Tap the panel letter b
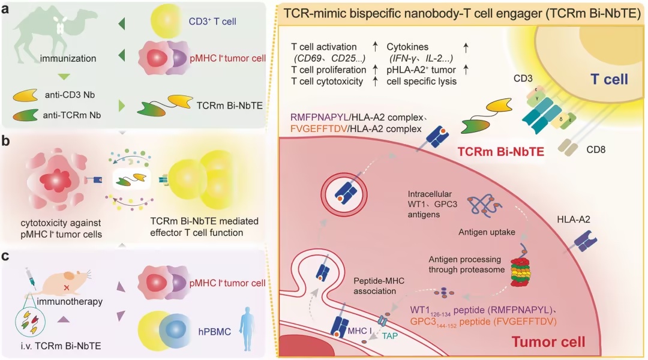[5, 141]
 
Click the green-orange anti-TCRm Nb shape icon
[25, 115]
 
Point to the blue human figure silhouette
[248, 329]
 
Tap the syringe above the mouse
[30, 275]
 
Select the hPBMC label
[214, 331]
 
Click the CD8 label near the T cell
[596, 149]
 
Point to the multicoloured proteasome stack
[521, 272]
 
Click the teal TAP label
[390, 335]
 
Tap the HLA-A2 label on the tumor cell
[574, 220]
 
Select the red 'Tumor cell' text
[548, 342]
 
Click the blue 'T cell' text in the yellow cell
[609, 79]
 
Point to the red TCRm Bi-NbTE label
[500, 152]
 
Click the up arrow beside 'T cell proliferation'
[375, 70]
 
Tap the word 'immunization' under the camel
[68, 59]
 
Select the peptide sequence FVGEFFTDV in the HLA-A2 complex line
[319, 129]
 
